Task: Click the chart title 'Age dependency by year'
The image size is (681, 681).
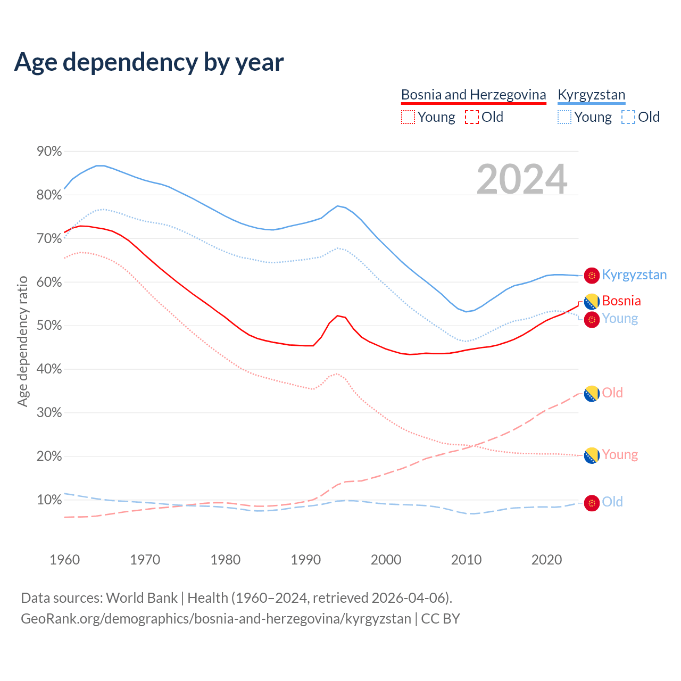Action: pyautogui.click(x=149, y=62)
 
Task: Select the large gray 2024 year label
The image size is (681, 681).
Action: pyautogui.click(x=521, y=179)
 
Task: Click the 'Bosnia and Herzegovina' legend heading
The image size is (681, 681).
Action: pyautogui.click(x=474, y=95)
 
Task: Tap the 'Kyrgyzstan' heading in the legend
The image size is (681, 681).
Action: pyautogui.click(x=591, y=95)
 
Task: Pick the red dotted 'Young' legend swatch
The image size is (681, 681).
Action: pyautogui.click(x=408, y=117)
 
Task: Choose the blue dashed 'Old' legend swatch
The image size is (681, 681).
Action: pyautogui.click(x=628, y=117)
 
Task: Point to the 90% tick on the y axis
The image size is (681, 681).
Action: pyautogui.click(x=49, y=152)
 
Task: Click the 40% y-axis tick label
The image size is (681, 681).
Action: pyautogui.click(x=49, y=369)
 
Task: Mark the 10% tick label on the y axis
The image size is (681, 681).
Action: pyautogui.click(x=49, y=500)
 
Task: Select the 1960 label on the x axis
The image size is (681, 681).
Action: pyautogui.click(x=64, y=560)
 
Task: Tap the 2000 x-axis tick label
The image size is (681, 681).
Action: pyautogui.click(x=386, y=560)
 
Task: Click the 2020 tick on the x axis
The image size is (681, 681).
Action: pyautogui.click(x=546, y=560)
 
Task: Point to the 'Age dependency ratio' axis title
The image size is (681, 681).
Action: pyautogui.click(x=22, y=341)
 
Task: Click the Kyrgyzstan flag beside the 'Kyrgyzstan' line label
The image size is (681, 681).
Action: pyautogui.click(x=592, y=275)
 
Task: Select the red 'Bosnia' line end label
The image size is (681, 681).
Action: pyautogui.click(x=621, y=301)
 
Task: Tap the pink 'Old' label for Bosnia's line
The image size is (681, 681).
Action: pyautogui.click(x=612, y=393)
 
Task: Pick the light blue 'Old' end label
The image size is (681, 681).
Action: pyautogui.click(x=612, y=502)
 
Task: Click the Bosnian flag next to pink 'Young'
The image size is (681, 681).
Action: pyautogui.click(x=592, y=455)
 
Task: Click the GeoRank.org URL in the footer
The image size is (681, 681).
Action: pyautogui.click(x=215, y=619)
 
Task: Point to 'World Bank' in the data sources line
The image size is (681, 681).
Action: pyautogui.click(x=142, y=597)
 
